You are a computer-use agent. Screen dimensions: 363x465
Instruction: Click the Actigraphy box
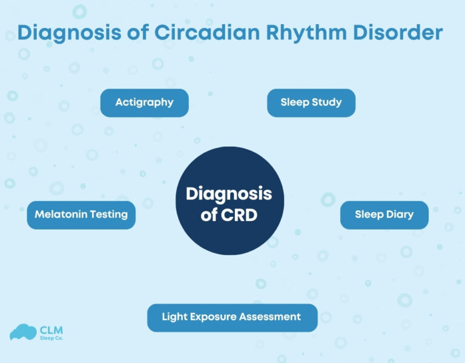(x=144, y=102)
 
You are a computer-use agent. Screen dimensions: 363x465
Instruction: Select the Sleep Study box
(x=311, y=102)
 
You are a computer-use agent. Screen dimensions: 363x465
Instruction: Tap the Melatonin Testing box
(x=81, y=215)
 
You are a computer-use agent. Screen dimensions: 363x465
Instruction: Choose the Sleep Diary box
(x=384, y=215)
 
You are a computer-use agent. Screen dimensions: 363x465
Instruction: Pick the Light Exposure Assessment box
(x=232, y=317)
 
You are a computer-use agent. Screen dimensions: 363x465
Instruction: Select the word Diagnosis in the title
(x=61, y=33)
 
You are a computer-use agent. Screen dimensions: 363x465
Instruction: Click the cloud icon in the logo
(x=23, y=332)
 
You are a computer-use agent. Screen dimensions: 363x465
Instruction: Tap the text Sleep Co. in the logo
(x=51, y=338)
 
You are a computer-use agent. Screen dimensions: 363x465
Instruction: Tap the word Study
(x=326, y=102)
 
